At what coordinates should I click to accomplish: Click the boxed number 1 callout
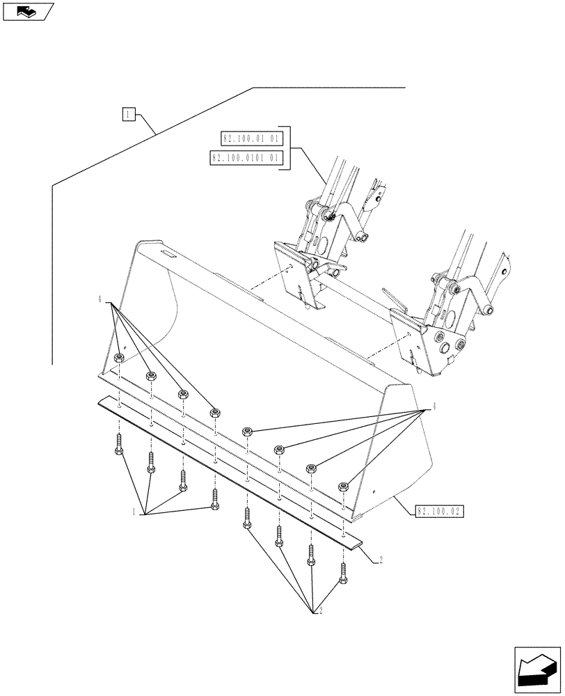click(129, 114)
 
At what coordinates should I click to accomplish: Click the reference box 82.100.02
click(440, 511)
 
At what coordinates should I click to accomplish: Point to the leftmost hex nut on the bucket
click(120, 358)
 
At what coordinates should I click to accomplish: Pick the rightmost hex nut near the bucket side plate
click(343, 487)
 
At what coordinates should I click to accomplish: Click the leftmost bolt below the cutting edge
click(118, 445)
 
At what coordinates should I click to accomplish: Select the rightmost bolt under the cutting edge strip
click(343, 572)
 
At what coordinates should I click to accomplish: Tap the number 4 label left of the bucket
click(101, 300)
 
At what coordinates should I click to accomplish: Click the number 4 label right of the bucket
click(435, 405)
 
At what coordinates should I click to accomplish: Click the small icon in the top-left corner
click(28, 11)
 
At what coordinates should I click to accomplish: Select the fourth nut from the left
click(215, 413)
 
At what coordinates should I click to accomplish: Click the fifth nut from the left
click(247, 432)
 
